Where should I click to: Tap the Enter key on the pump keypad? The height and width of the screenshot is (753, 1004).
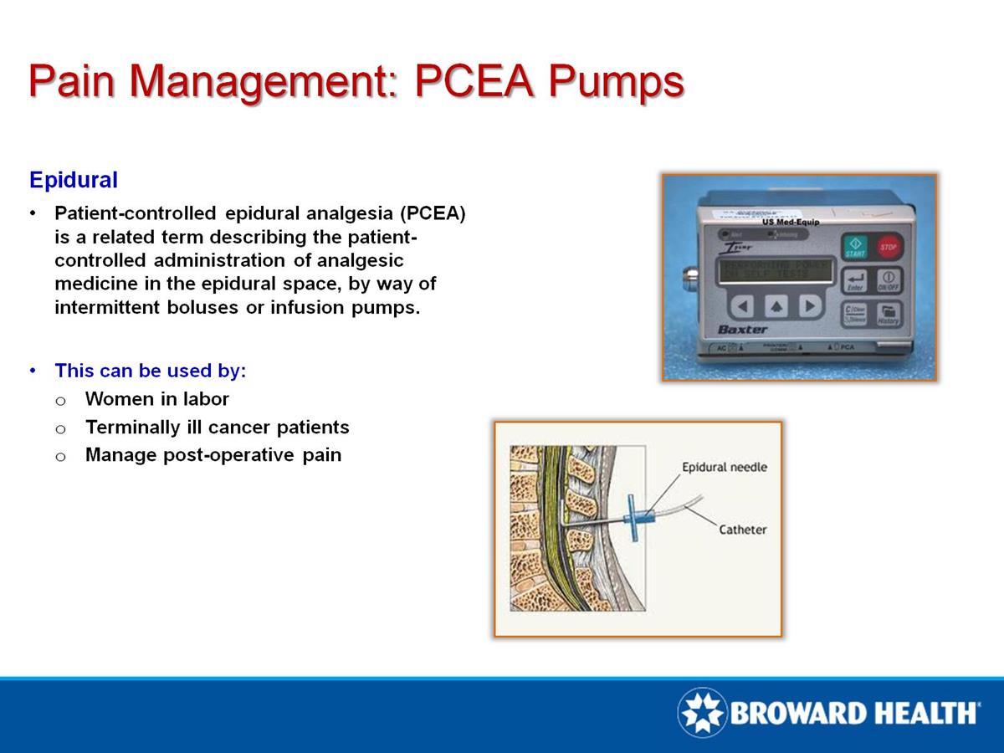click(854, 281)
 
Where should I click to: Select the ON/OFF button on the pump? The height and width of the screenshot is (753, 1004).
click(889, 280)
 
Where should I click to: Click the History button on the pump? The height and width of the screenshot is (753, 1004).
click(889, 315)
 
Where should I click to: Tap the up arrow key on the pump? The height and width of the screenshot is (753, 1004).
click(776, 306)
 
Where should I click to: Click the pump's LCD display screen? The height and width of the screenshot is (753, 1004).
click(775, 269)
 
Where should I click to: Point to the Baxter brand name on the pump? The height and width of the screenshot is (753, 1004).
click(742, 329)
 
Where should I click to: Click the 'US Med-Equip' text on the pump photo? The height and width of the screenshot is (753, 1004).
click(791, 223)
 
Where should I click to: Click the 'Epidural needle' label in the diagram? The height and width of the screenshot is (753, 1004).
click(724, 467)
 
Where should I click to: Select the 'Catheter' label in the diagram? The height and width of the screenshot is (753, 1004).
click(743, 530)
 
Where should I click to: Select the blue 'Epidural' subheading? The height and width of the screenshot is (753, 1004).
click(74, 179)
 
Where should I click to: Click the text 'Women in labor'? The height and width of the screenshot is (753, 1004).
click(156, 399)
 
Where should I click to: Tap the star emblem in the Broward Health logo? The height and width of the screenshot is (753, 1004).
click(702, 714)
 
